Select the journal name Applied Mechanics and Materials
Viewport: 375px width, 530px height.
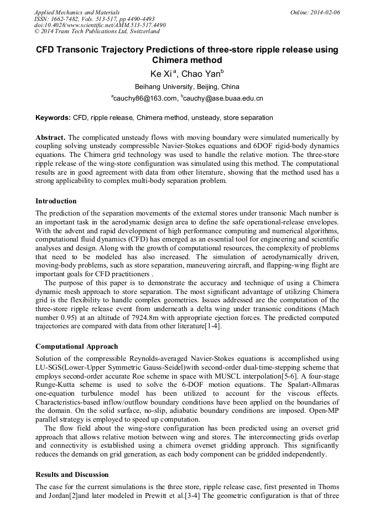coord(77,12)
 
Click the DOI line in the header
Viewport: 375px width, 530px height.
coord(100,25)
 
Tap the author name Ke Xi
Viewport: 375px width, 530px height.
coord(161,74)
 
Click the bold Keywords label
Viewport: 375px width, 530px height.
coord(53,118)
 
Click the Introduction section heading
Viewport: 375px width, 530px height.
coord(56,201)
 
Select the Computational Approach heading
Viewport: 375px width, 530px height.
coord(76,347)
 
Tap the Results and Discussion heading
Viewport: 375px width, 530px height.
coord(72,475)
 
